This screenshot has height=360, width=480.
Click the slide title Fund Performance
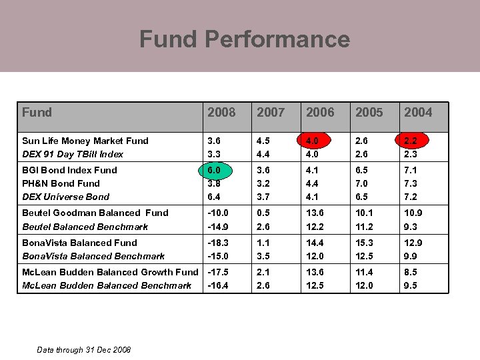244,39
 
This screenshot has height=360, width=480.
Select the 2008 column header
221,112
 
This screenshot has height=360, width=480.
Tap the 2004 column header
418,112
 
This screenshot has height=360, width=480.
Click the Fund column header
37,112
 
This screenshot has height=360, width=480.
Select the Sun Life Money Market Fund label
85,141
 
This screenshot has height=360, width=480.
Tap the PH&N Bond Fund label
61,183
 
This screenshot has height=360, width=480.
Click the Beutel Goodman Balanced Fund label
95,213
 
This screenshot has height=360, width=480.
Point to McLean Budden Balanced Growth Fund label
110,272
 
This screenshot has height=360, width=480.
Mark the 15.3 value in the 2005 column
365,243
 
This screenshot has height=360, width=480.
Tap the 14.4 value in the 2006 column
316,243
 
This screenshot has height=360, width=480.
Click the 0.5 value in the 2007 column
264,213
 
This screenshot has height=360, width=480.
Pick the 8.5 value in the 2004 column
411,272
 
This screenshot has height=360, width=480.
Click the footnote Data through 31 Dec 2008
84,350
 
